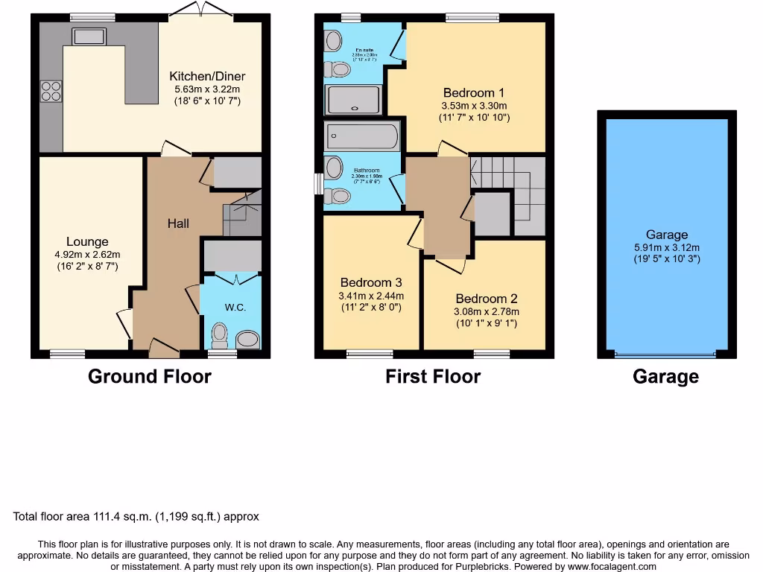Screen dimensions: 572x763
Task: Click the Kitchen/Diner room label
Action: click(x=207, y=76)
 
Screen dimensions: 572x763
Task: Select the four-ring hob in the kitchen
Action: click(x=51, y=91)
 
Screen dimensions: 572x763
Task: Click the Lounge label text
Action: click(x=87, y=241)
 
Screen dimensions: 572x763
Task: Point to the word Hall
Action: click(x=178, y=223)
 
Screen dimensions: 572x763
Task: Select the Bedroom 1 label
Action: click(x=474, y=92)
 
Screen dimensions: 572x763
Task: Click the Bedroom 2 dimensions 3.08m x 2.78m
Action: click(x=487, y=311)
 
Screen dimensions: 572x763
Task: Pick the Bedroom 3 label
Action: click(x=371, y=282)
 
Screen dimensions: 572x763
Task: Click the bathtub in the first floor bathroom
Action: click(x=362, y=136)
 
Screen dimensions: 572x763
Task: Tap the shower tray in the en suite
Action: click(x=354, y=99)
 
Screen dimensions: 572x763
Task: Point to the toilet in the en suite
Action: click(x=338, y=69)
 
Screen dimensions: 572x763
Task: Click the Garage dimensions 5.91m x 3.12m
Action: click(x=667, y=247)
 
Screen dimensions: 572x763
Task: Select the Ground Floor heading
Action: click(x=150, y=376)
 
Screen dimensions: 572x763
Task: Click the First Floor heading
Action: click(x=433, y=376)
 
